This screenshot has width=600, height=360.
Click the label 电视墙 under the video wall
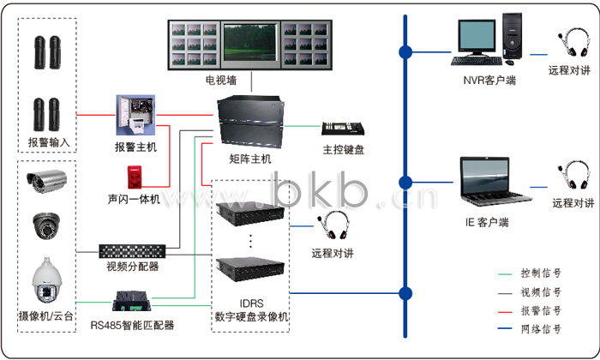(221, 81)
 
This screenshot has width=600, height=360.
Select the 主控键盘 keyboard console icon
(344, 129)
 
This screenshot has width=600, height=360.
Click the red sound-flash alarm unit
(134, 177)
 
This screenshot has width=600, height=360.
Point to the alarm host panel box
(135, 114)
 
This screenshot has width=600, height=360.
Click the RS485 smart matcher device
(133, 303)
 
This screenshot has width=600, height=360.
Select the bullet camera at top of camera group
(45, 180)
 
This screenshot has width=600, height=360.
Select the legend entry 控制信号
(541, 273)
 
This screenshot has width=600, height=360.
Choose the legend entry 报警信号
(541, 310)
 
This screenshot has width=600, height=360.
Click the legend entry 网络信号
(541, 328)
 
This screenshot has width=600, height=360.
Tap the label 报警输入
(47, 141)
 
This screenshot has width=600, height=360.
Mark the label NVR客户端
(489, 81)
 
